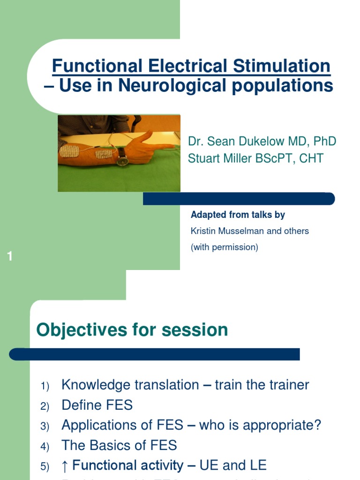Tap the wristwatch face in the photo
tap(122, 160)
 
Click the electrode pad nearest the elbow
tap(69, 151)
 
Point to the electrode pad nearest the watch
tap(104, 154)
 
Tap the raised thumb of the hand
tap(145, 136)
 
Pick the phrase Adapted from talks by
tap(238, 215)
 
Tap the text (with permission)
tap(224, 247)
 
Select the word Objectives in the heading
tap(78, 330)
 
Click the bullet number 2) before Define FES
tap(45, 406)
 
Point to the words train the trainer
tap(262, 385)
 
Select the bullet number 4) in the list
tap(45, 447)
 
